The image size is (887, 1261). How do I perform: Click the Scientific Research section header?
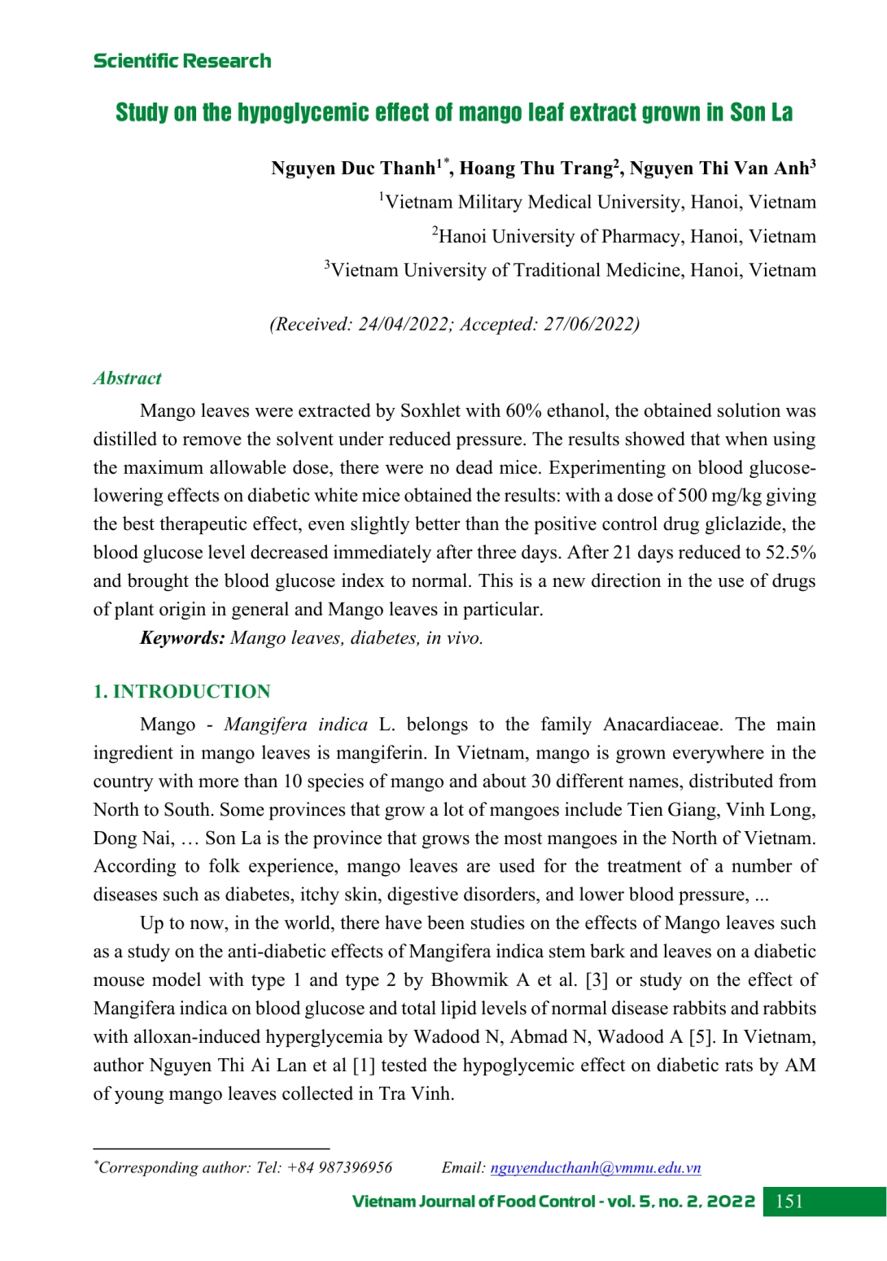pos(182,61)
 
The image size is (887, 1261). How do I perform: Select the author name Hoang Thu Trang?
pos(536,169)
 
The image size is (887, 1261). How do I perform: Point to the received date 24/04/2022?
pos(403,324)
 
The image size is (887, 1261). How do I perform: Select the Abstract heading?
pos(127,378)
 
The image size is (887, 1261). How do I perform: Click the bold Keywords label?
pos(182,637)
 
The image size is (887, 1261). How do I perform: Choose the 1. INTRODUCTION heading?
pos(181,691)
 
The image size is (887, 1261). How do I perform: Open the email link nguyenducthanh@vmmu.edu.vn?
pos(595,1167)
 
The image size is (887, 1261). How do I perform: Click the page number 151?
pos(789,1202)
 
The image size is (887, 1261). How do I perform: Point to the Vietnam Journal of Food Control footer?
pos(553,1202)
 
